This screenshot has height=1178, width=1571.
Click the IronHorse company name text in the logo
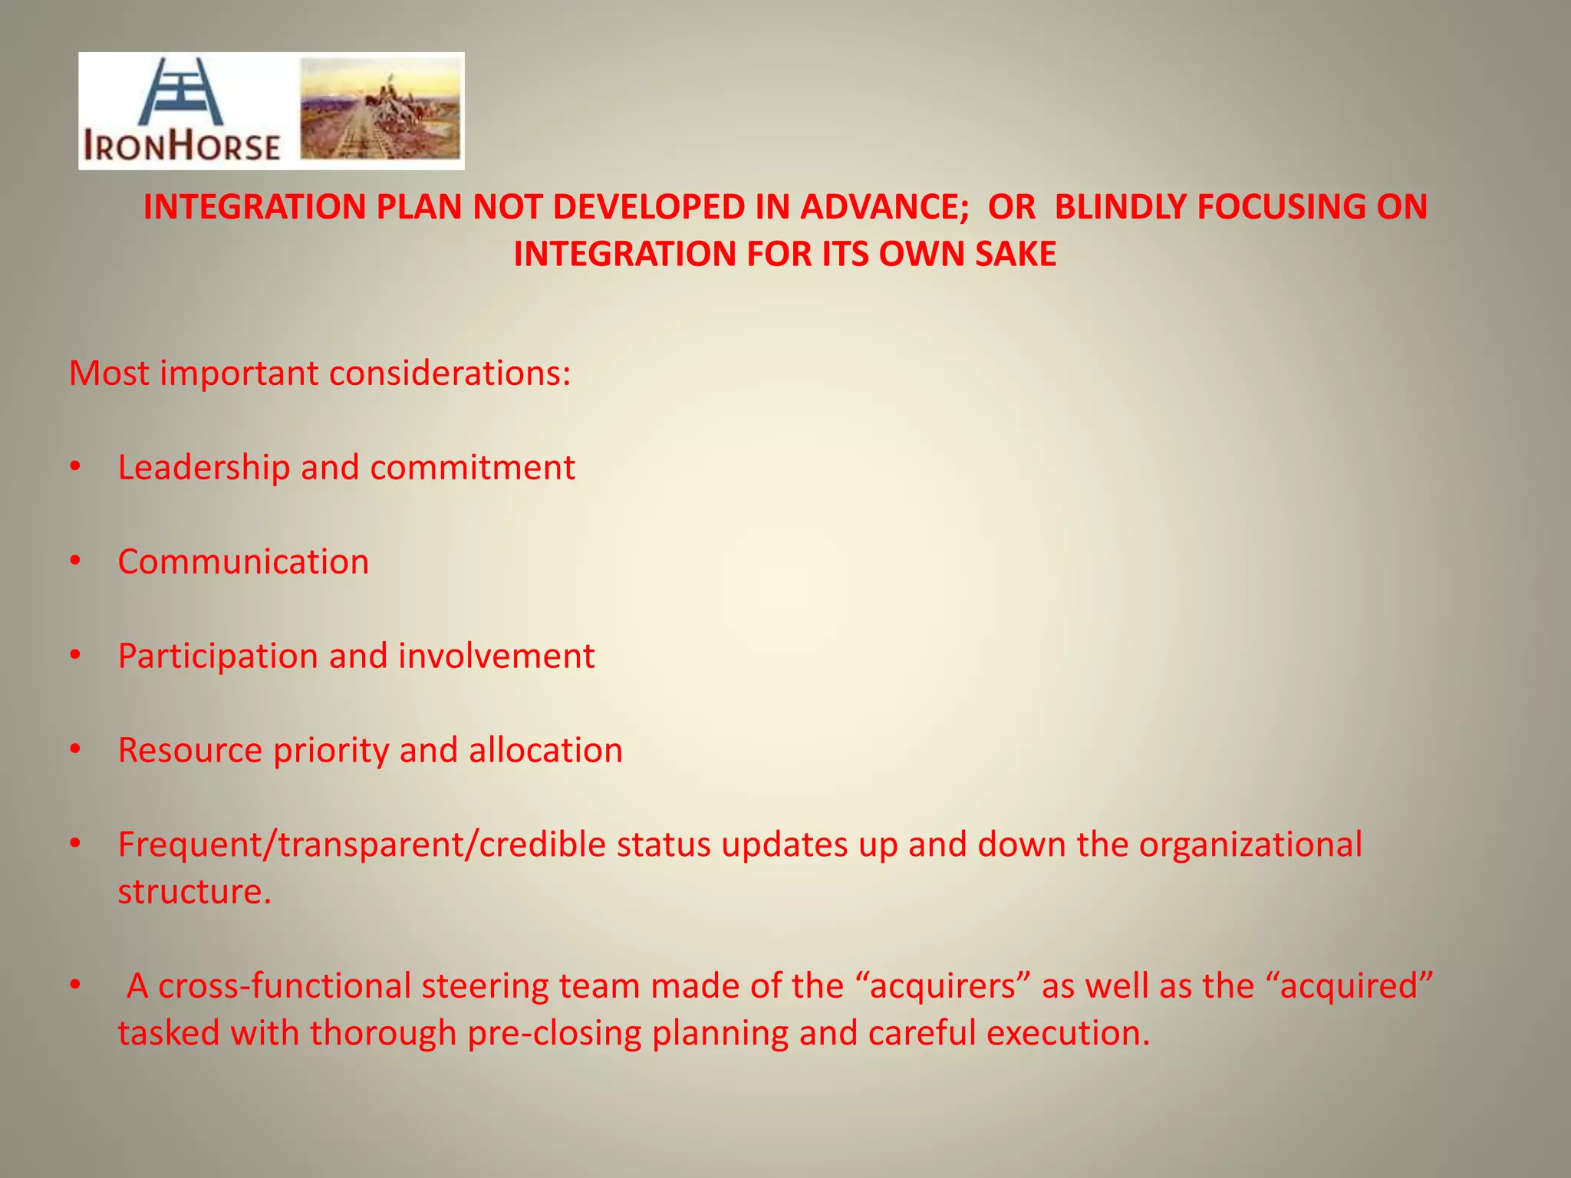point(182,146)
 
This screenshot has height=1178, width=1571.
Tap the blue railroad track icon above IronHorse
point(181,91)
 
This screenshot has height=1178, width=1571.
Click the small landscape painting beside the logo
point(380,109)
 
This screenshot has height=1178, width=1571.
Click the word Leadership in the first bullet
point(203,468)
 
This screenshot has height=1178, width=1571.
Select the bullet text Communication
point(243,562)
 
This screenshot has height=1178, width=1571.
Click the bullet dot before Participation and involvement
point(74,656)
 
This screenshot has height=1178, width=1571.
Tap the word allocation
point(545,751)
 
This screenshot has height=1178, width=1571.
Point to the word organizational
point(1250,845)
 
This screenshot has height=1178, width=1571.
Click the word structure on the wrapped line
point(195,892)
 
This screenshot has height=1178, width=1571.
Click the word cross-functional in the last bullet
point(285,986)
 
